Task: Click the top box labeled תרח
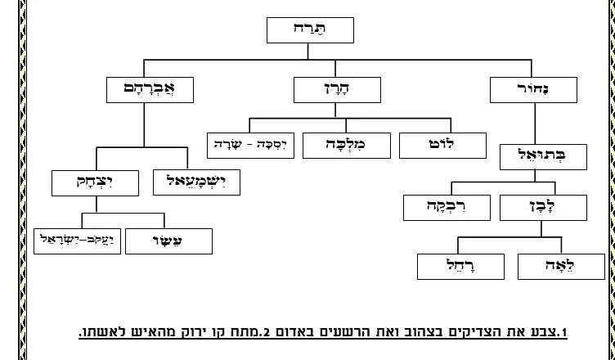click(310, 30)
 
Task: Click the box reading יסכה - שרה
click(251, 145)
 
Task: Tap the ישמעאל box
click(195, 182)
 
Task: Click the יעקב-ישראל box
click(78, 241)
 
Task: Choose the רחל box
click(460, 265)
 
